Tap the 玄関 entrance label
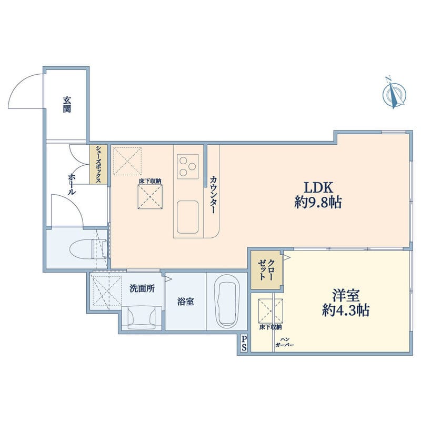[x=67, y=104]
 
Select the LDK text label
[x=318, y=188]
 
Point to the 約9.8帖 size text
[x=318, y=203]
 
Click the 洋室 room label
[x=346, y=295]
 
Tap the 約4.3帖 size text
[x=346, y=310]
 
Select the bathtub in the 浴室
[x=227, y=301]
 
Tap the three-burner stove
[x=188, y=166]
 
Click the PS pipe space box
[x=244, y=344]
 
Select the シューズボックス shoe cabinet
[x=98, y=164]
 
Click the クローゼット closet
[x=266, y=270]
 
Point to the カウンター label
[x=213, y=195]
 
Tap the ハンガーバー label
[x=285, y=342]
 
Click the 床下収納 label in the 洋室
[x=270, y=327]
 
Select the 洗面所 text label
[x=142, y=288]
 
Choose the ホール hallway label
[x=72, y=184]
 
